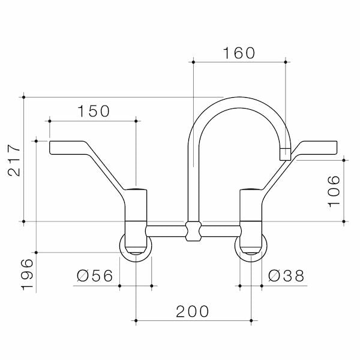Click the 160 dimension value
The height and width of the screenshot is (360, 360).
239,53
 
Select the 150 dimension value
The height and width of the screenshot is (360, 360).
93,111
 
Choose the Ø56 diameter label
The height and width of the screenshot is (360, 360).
95,276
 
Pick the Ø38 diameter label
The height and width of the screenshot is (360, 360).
286,276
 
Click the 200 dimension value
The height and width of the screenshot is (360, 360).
193,311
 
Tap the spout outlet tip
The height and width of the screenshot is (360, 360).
285,154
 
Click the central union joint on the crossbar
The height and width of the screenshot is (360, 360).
193,231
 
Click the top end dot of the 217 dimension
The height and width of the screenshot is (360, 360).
23,96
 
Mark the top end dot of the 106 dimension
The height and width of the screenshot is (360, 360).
344,159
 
